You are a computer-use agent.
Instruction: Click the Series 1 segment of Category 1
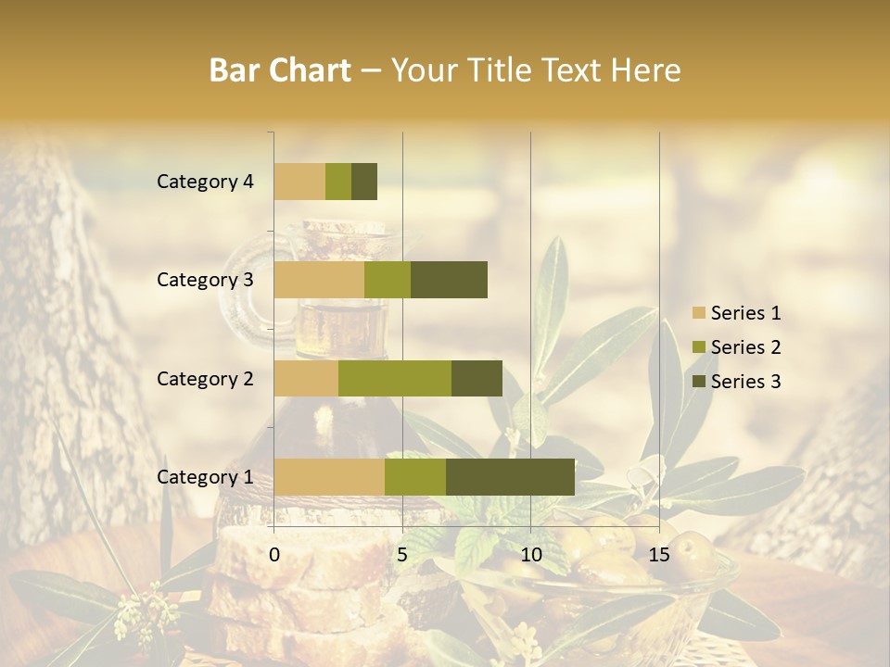pyautogui.click(x=329, y=476)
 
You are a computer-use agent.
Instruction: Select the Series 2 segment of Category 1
pyautogui.click(x=415, y=476)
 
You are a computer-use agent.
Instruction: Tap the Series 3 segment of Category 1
pyautogui.click(x=510, y=476)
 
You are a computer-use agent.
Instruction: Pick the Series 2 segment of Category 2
pyautogui.click(x=395, y=378)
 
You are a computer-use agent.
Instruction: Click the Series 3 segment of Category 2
pyautogui.click(x=477, y=378)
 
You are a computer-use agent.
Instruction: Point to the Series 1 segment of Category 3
pyautogui.click(x=319, y=280)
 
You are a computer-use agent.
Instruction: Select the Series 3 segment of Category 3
pyautogui.click(x=449, y=280)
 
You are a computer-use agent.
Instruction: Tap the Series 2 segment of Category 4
pyautogui.click(x=338, y=182)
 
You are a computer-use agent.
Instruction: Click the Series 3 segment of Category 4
pyautogui.click(x=364, y=182)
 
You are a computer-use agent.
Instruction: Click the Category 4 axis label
pyautogui.click(x=205, y=182)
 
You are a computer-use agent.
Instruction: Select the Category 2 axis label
pyautogui.click(x=205, y=378)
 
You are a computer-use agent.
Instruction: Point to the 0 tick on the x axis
pyautogui.click(x=274, y=555)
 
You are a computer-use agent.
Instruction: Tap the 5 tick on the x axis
pyautogui.click(x=402, y=555)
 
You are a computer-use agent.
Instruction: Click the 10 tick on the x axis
pyautogui.click(x=530, y=555)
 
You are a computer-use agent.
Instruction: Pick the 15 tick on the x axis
pyautogui.click(x=659, y=555)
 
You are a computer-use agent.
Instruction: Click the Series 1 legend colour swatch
pyautogui.click(x=698, y=313)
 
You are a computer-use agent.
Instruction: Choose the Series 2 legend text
pyautogui.click(x=745, y=347)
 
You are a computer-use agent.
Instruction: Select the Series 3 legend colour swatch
pyautogui.click(x=698, y=382)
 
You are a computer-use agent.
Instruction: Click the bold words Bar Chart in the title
pyautogui.click(x=280, y=70)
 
